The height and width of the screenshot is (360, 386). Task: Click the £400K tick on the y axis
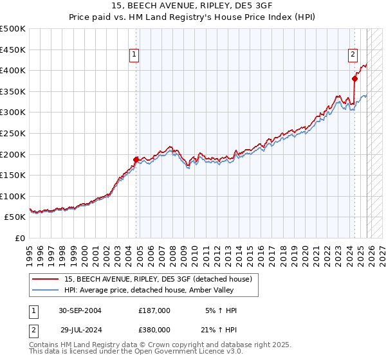click(x=13, y=71)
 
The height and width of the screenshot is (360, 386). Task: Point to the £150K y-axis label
click(x=13, y=175)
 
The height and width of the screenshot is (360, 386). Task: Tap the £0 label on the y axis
click(x=19, y=238)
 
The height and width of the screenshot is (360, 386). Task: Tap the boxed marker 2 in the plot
click(x=353, y=55)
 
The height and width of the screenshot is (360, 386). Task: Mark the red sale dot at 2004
click(x=136, y=159)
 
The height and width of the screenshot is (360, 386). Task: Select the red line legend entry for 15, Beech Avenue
click(x=161, y=278)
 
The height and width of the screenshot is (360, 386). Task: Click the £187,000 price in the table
click(x=154, y=310)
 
